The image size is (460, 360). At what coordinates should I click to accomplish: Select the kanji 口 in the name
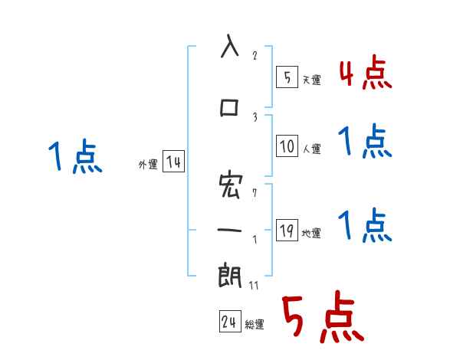[x=230, y=108]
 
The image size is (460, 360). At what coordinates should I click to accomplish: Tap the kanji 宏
[x=230, y=185]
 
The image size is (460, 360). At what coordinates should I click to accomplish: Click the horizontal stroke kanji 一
[x=230, y=230]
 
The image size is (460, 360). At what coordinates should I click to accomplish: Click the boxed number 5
[x=286, y=77]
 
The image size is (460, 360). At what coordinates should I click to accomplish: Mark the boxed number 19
[x=287, y=231]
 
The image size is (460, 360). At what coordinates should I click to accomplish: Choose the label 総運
[x=255, y=325]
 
